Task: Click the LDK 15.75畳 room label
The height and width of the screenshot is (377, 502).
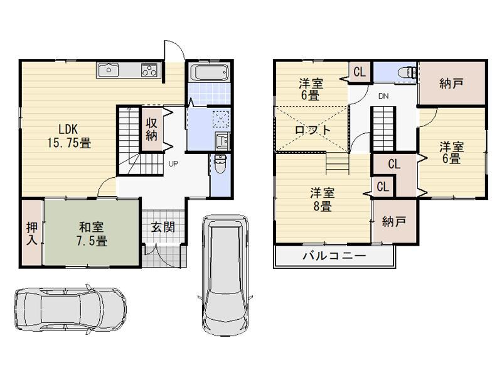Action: point(69,136)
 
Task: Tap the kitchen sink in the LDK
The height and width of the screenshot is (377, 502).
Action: point(109,70)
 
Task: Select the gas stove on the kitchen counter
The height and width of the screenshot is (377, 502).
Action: point(149,70)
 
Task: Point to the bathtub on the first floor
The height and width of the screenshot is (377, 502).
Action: point(209,72)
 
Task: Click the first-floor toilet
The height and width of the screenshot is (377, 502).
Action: point(220,163)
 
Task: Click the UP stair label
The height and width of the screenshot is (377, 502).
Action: point(173,164)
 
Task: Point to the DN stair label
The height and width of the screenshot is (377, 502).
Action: point(383,96)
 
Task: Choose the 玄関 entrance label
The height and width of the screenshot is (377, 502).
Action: point(163,227)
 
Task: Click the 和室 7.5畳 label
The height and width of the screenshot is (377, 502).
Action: point(91,234)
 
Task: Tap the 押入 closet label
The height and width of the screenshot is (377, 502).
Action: point(32,233)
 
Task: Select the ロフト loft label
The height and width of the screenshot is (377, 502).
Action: point(312,130)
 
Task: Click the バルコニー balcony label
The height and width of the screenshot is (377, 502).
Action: point(334,256)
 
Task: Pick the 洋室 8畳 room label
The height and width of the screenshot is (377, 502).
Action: point(323,199)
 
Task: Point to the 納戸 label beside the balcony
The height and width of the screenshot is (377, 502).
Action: point(394,222)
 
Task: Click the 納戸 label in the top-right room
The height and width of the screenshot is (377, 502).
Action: point(451,84)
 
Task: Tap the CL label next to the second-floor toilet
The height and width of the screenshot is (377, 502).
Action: point(360,72)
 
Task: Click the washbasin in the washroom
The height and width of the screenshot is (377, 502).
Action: point(222,140)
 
